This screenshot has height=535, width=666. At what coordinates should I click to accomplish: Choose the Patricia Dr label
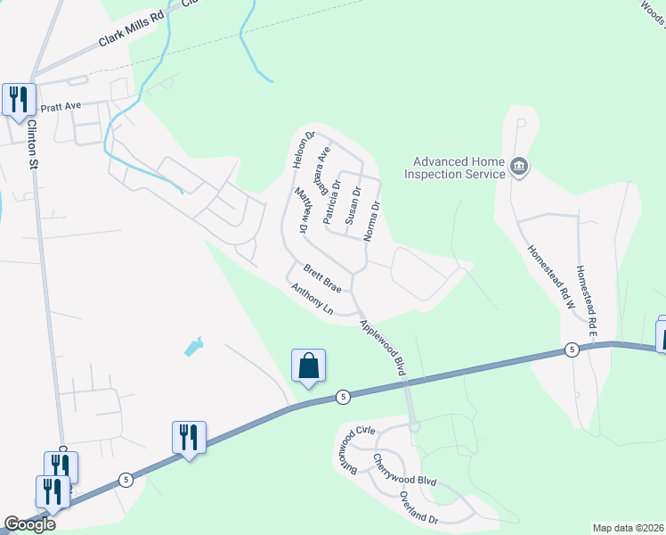332,202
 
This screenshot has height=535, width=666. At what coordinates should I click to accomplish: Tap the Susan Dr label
353,204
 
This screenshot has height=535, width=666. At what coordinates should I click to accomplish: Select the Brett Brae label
322,277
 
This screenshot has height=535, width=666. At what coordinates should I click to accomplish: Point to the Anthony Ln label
312,300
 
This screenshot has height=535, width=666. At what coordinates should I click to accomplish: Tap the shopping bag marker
308,366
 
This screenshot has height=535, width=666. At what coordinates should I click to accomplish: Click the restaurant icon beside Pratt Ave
18,99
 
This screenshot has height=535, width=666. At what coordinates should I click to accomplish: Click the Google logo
29,524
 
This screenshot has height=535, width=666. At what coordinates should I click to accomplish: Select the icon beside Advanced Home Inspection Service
519,166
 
